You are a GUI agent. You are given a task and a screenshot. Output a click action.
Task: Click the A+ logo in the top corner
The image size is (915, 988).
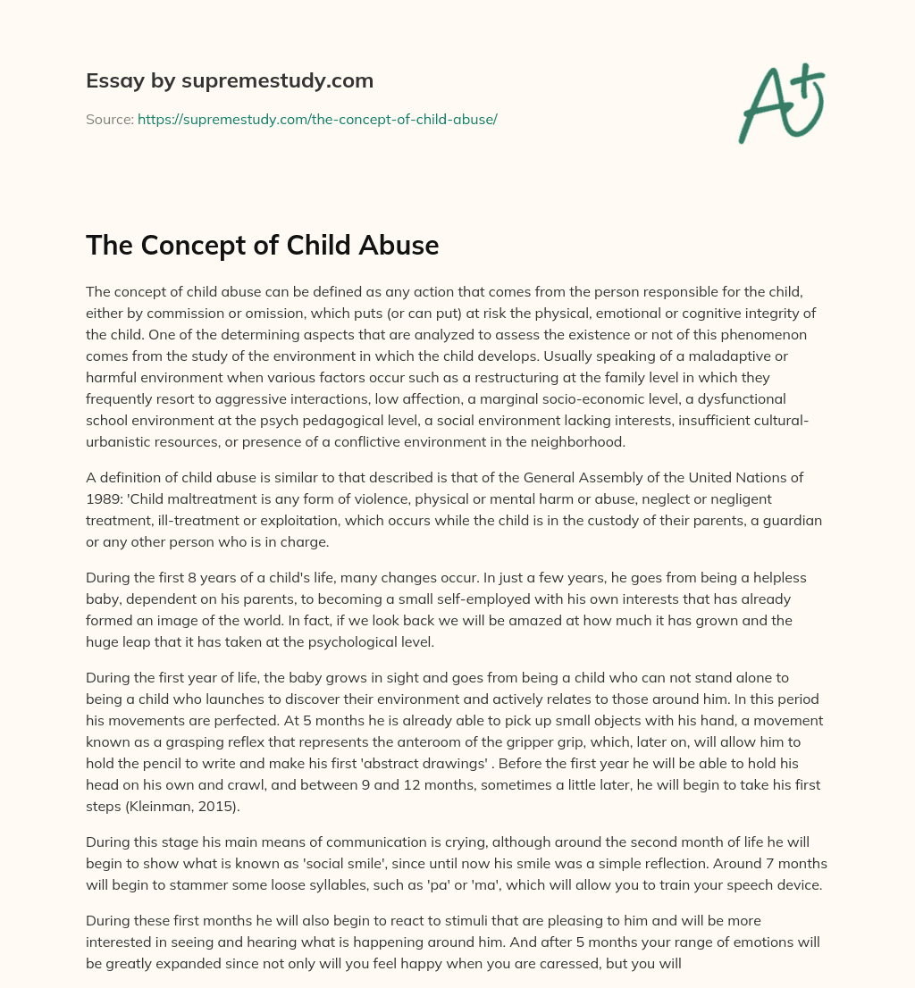782,102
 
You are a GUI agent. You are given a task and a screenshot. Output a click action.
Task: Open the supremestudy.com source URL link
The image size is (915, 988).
317,119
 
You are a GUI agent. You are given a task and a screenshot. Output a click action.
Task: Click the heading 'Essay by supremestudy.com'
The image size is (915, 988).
229,80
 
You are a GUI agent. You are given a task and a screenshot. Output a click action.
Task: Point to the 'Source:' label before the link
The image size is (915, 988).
109,119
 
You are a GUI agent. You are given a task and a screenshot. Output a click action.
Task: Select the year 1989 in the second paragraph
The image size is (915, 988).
104,498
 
